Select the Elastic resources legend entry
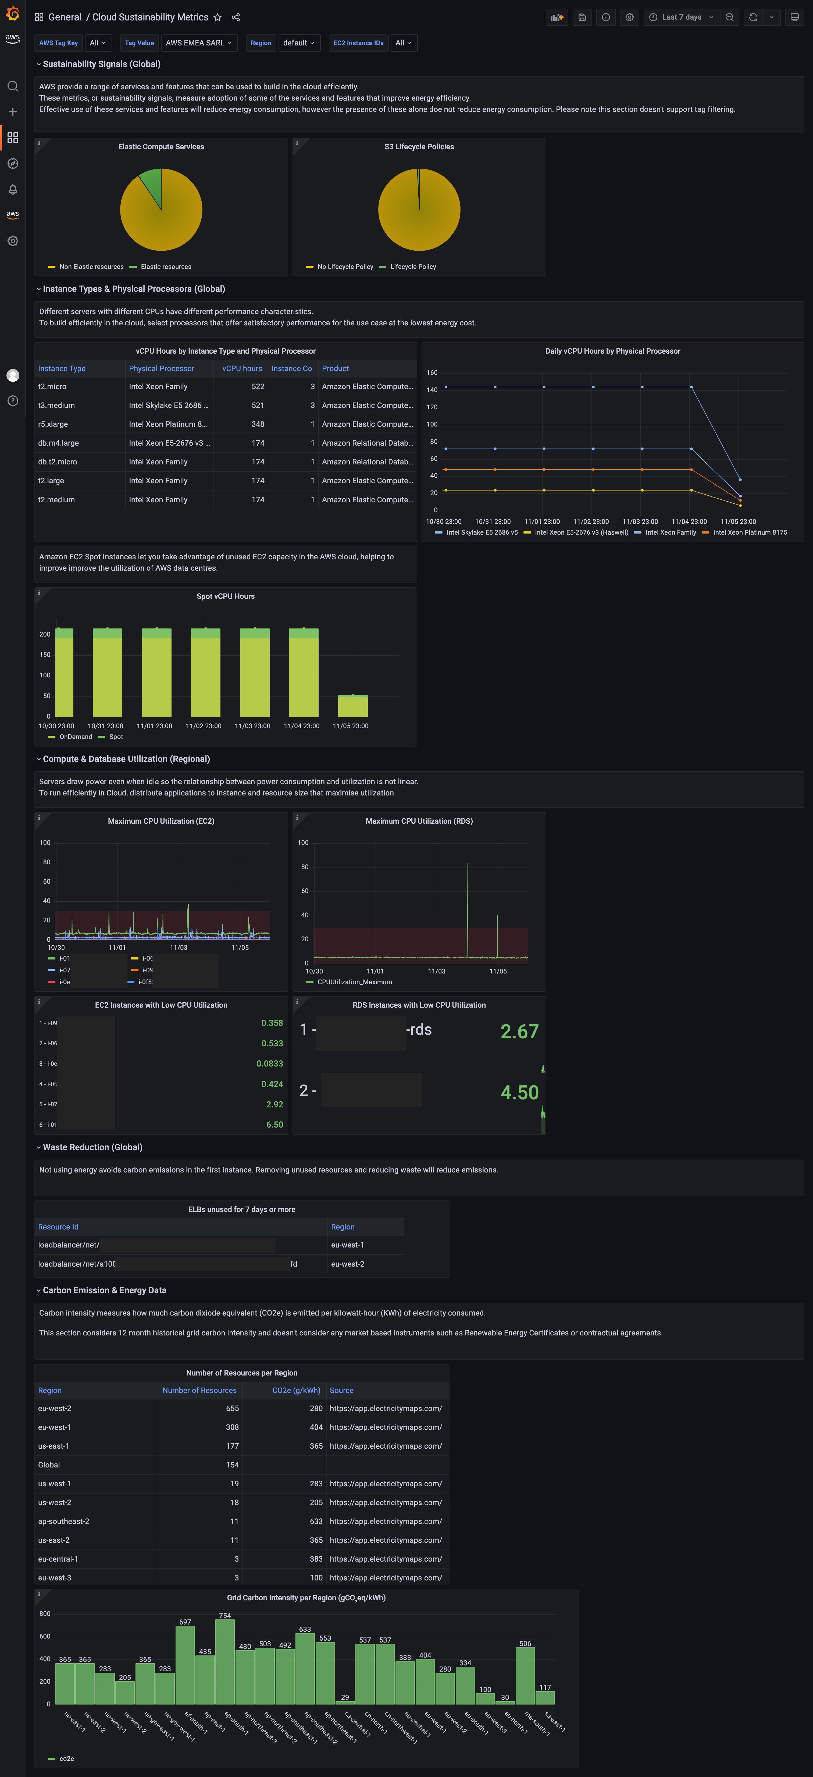(166, 267)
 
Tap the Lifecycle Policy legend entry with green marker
(412, 267)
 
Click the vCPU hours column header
(242, 368)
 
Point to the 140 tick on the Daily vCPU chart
(432, 390)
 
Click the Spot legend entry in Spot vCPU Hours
(115, 737)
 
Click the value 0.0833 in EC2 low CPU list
(270, 1064)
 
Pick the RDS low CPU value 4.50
(519, 1093)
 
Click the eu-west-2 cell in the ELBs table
(348, 1264)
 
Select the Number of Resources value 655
(232, 1409)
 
